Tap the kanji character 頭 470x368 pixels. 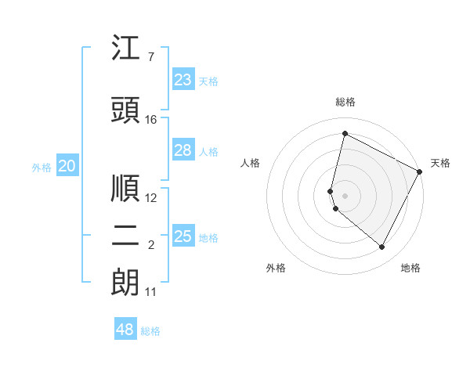[126, 110]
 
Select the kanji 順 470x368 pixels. [126, 189]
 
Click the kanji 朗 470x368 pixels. [126, 283]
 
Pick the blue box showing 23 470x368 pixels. [183, 80]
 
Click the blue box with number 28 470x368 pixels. [183, 150]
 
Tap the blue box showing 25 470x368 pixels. [183, 236]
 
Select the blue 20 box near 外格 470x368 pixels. [67, 166]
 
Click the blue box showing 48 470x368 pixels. [125, 330]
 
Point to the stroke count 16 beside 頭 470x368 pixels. [151, 120]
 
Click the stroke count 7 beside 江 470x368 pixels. [150, 57]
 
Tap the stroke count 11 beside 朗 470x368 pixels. [151, 292]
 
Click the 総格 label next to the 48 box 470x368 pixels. [150, 331]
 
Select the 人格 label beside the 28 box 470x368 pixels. [208, 152]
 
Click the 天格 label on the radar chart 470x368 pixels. [440, 163]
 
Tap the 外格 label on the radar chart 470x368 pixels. [276, 268]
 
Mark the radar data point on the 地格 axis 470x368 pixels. [382, 247]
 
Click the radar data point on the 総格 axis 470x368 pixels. [345, 134]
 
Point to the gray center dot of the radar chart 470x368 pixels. [345, 195]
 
